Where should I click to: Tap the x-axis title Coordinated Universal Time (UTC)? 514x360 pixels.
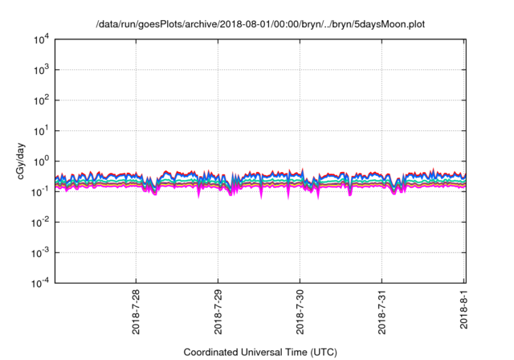[260, 352]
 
